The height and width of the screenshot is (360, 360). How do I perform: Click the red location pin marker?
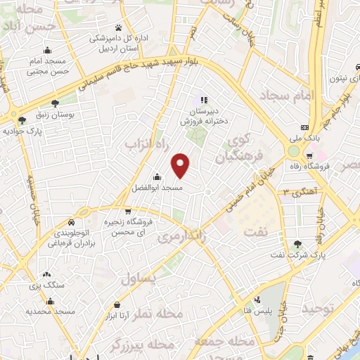pyautogui.click(x=181, y=165)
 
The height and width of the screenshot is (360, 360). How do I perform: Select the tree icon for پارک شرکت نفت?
pyautogui.click(x=298, y=243)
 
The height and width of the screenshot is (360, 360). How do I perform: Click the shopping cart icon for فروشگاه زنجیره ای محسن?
pyautogui.click(x=127, y=211)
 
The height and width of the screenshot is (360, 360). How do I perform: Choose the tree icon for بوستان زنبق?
pyautogui.click(x=56, y=103)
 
